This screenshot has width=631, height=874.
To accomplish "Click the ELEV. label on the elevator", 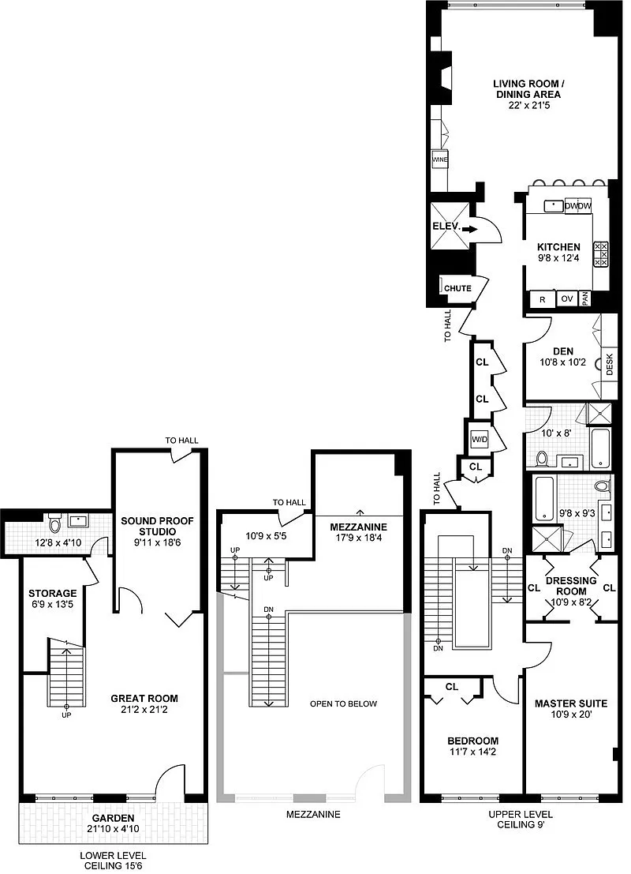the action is [x=446, y=227].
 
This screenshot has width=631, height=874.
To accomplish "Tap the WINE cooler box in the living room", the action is [x=440, y=160].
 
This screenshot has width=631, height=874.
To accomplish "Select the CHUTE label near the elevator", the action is [x=457, y=288].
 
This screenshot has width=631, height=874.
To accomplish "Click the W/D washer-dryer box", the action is [x=480, y=439].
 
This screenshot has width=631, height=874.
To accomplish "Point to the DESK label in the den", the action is [x=609, y=365].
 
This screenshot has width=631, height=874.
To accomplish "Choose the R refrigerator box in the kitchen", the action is [x=543, y=299].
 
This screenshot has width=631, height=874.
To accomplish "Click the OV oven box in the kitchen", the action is [x=567, y=298].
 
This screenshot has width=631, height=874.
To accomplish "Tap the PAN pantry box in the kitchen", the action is [x=584, y=299].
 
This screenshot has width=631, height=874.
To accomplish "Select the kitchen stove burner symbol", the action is [x=601, y=254].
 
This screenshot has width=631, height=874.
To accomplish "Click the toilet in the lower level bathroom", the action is [x=54, y=523].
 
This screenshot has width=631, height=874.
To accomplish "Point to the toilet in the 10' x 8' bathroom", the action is [x=542, y=460].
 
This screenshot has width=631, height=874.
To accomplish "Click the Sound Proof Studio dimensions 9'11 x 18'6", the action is [x=158, y=542].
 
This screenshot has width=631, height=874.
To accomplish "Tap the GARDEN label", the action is [x=113, y=818].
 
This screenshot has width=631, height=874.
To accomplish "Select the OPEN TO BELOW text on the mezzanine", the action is [x=344, y=704].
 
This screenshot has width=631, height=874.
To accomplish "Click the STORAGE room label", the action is [x=53, y=594].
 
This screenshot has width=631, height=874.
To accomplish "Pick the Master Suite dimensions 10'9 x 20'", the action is [x=571, y=714].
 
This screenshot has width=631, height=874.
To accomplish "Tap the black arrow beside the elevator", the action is [x=470, y=228].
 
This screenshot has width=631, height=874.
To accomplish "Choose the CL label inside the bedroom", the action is [x=452, y=687].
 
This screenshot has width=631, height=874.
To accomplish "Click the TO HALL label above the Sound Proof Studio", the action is [x=181, y=441].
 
